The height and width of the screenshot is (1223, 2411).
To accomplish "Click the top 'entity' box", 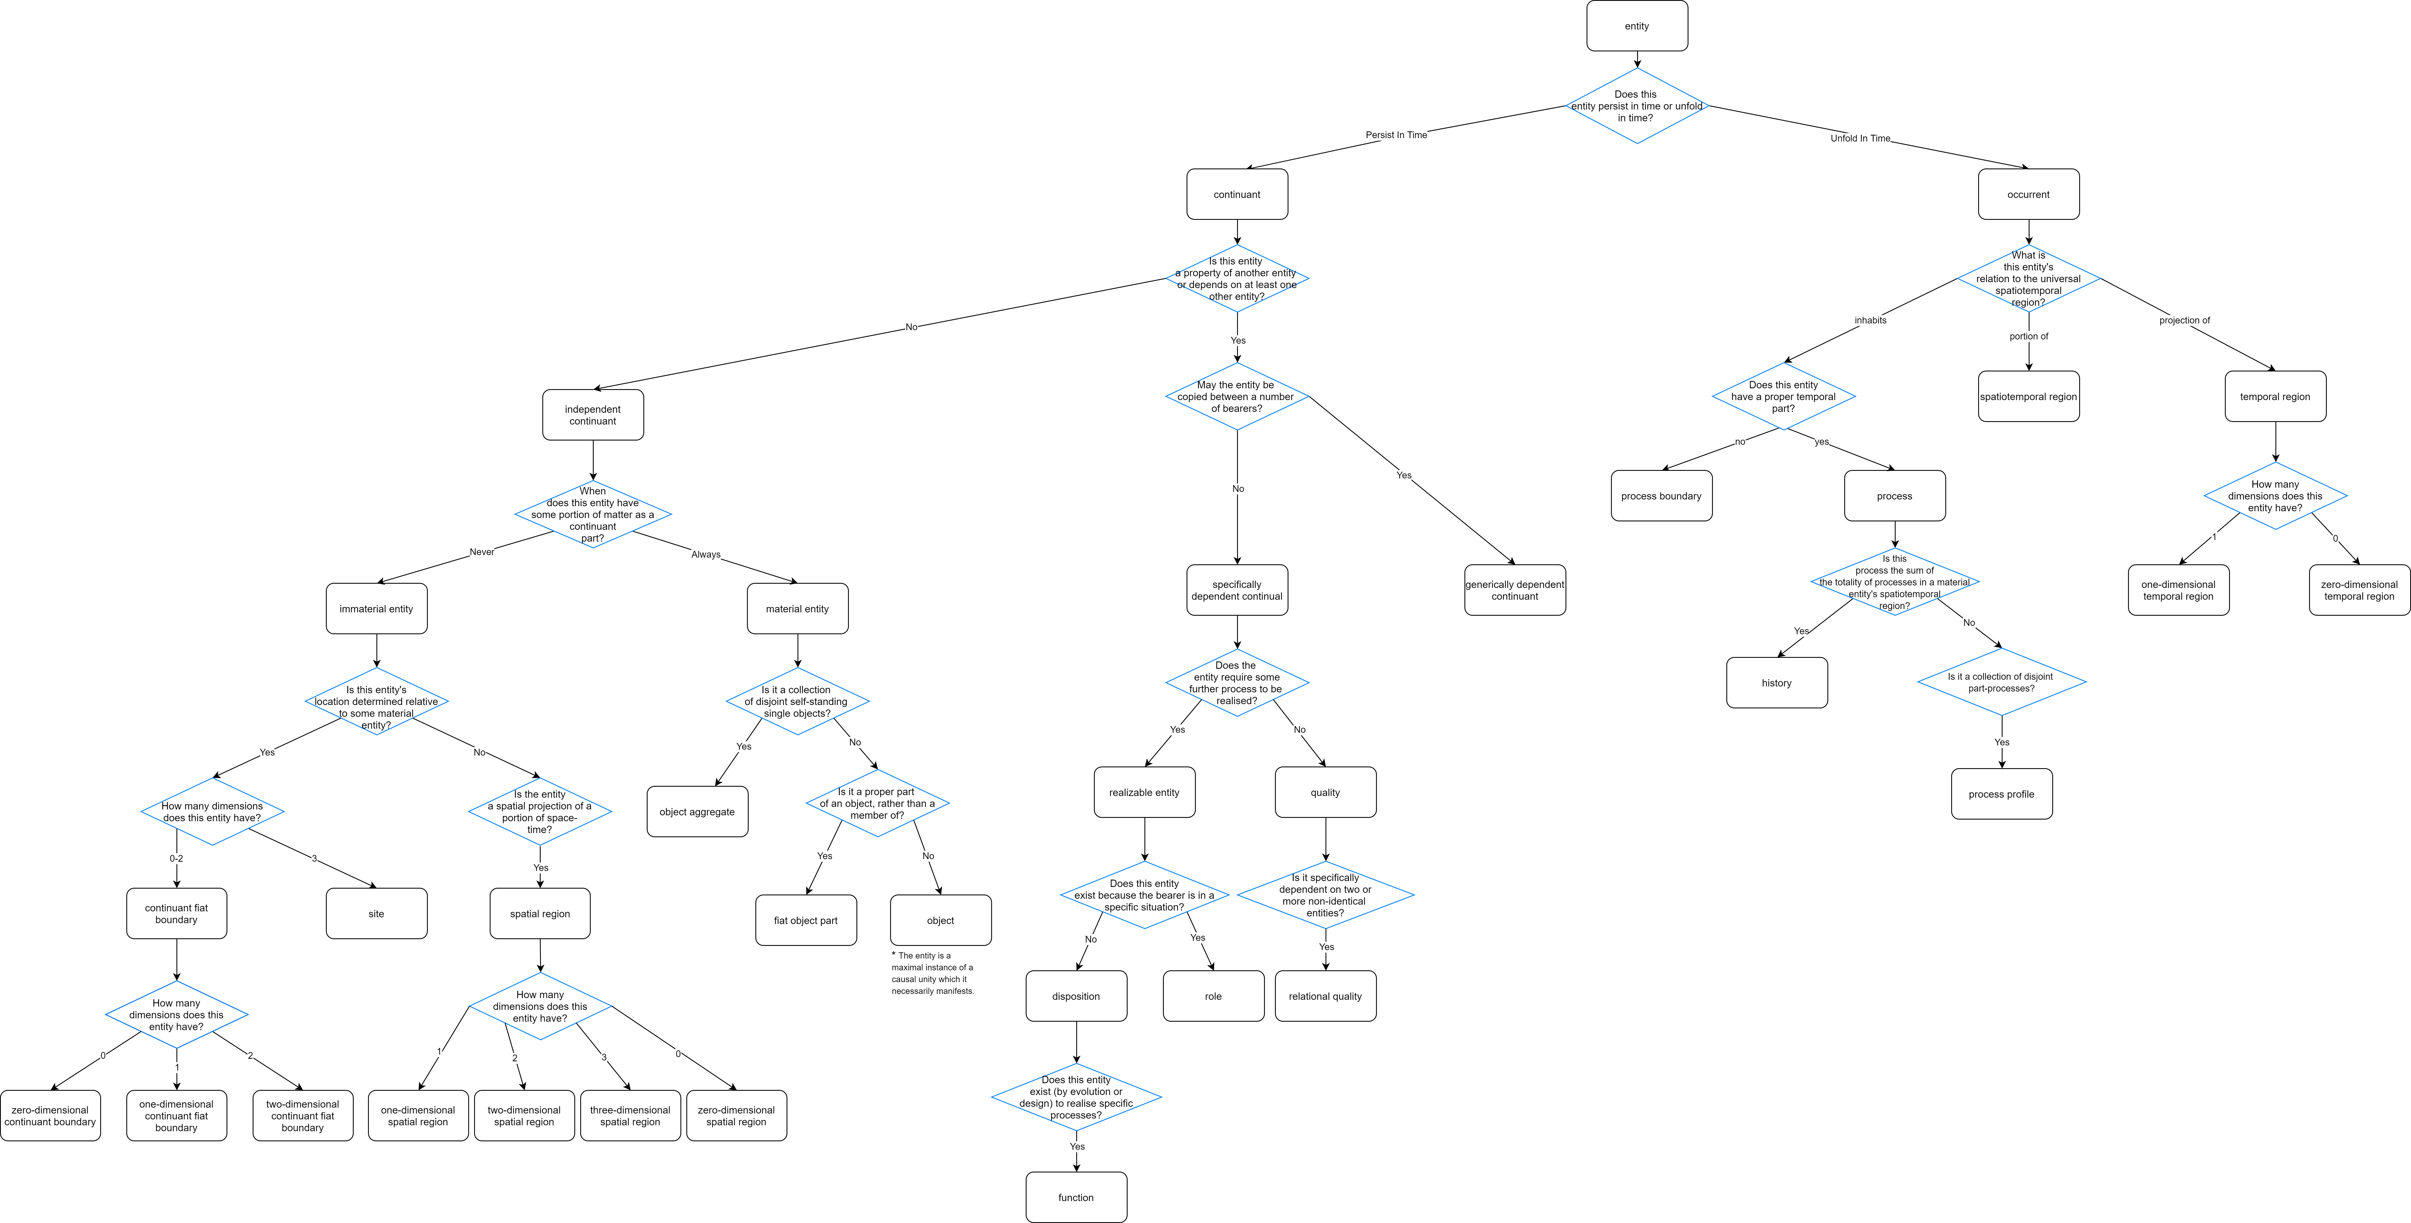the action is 1637,26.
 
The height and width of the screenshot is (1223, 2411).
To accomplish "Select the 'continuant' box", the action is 1237,195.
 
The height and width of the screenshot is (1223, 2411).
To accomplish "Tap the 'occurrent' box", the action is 2028,195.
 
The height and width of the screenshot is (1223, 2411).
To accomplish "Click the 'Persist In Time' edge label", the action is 1397,135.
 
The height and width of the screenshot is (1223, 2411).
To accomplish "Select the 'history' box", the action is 1776,683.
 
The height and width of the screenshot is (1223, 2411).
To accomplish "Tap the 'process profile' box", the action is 2002,794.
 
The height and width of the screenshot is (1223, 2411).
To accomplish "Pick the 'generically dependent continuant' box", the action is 1514,590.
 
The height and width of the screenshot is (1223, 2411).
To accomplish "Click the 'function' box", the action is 1076,1197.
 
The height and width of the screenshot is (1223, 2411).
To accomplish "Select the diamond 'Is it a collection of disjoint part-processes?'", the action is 2002,682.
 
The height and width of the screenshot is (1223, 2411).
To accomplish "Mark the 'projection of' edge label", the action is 2184,320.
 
